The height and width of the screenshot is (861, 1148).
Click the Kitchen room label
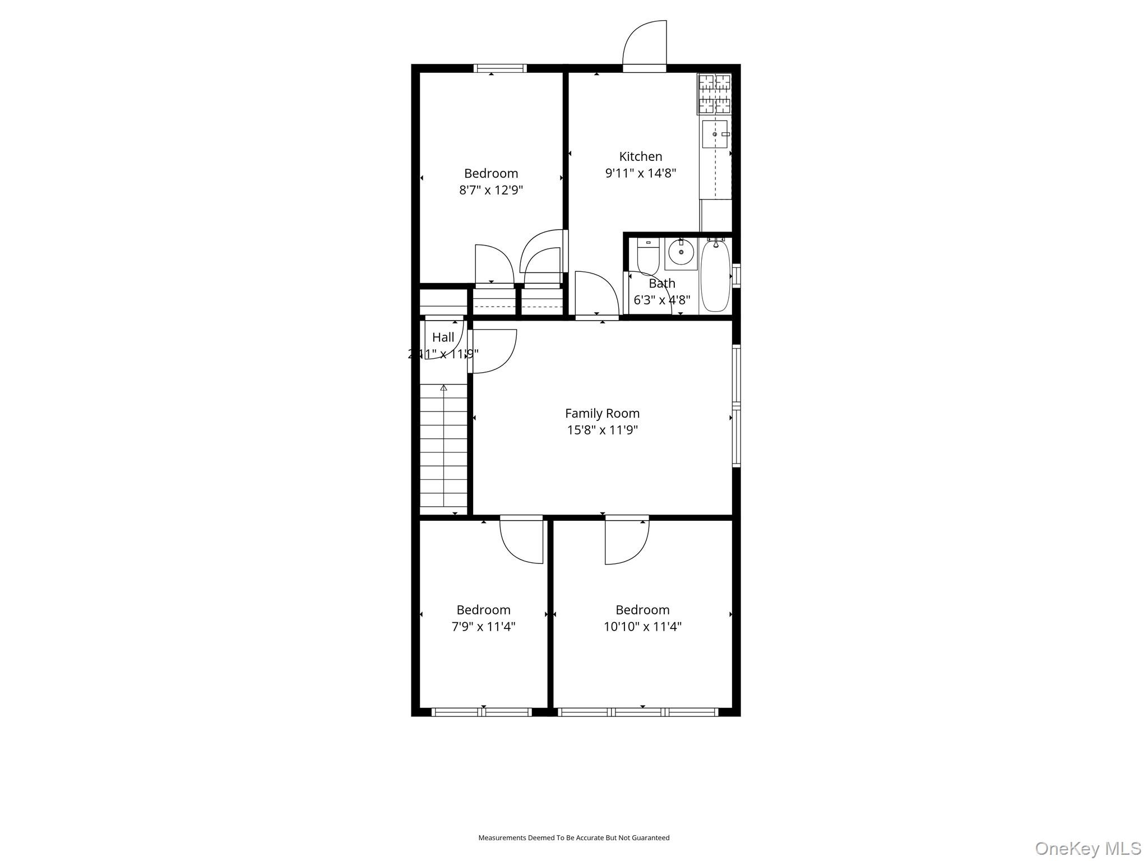[x=640, y=156]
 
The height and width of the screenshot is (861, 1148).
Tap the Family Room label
[x=602, y=413]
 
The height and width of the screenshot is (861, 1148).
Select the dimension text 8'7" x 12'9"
[x=491, y=190]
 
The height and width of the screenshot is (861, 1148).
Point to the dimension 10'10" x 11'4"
[x=642, y=626]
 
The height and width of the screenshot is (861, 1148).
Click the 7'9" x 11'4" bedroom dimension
[x=483, y=626]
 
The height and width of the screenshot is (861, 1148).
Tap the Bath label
[x=661, y=283]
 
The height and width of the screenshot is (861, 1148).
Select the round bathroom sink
[x=681, y=253]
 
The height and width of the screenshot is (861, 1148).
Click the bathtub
[x=715, y=276]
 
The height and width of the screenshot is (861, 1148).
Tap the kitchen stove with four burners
[x=714, y=94]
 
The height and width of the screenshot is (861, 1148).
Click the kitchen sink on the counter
[x=715, y=135]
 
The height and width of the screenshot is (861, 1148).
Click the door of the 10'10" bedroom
[x=626, y=541]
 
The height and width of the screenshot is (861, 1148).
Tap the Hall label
[x=443, y=337]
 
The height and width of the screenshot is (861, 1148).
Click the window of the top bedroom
[x=500, y=68]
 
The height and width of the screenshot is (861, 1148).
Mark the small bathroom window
[x=736, y=276]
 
